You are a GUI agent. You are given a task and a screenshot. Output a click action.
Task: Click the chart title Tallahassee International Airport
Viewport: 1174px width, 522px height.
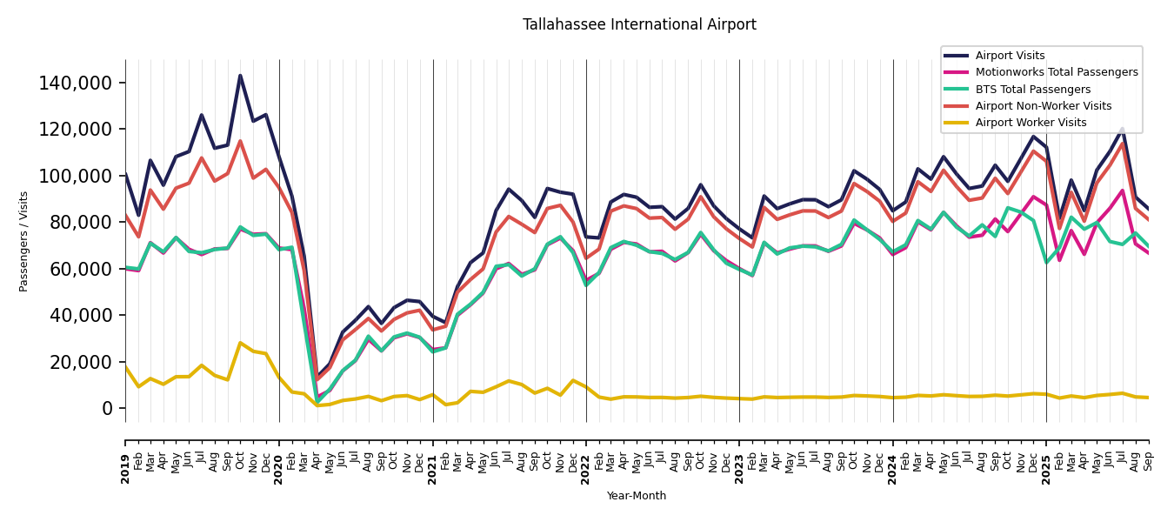point(639,25)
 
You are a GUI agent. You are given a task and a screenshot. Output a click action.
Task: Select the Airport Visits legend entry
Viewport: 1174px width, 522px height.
point(1010,56)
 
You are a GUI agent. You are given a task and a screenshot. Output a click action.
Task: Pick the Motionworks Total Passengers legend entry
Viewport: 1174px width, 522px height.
point(1056,72)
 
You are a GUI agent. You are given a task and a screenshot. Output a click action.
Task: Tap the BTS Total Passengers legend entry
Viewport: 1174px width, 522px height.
point(1032,90)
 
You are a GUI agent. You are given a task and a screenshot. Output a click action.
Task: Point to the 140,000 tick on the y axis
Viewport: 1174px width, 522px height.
point(76,84)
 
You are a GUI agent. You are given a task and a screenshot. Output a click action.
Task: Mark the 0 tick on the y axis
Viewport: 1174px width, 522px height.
point(108,408)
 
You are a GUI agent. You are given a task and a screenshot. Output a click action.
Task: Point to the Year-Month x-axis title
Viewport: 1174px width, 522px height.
point(637,496)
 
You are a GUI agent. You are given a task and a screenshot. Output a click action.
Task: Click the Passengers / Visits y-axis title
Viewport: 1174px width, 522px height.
point(24,241)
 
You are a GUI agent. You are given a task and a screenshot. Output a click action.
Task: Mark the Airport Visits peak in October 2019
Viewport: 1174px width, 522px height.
point(240,76)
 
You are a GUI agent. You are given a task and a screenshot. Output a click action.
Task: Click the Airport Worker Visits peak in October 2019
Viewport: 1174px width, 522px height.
point(240,343)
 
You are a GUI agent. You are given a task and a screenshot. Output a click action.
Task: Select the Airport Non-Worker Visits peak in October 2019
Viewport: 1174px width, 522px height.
point(240,141)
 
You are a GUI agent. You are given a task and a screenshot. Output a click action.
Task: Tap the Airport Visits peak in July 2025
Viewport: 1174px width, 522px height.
point(1123,129)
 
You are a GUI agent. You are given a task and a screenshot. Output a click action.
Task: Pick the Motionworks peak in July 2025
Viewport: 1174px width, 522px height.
point(1123,191)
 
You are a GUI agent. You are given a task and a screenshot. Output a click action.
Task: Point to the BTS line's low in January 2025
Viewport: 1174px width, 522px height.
point(1046,263)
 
